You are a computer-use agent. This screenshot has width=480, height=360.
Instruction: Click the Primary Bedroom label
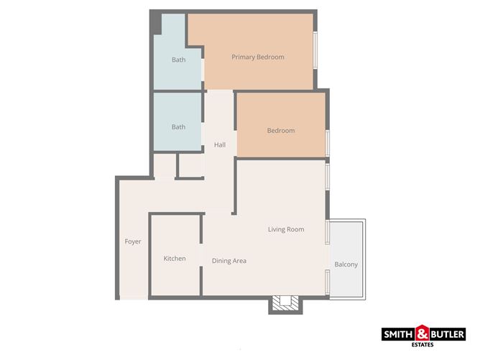[x=257, y=57]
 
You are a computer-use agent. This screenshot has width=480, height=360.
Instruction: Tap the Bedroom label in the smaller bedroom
[x=281, y=131]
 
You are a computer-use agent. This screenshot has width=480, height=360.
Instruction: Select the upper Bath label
[x=178, y=60]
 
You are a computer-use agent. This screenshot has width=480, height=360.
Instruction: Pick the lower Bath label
[x=178, y=127]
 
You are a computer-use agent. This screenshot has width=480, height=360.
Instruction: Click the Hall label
[x=220, y=145]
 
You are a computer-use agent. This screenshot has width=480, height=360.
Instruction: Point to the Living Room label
[x=286, y=230]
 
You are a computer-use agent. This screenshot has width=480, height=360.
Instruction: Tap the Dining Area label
[x=229, y=261]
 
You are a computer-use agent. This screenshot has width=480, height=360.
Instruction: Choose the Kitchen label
[x=175, y=259]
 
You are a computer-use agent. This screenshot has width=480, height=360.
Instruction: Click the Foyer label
[x=133, y=241]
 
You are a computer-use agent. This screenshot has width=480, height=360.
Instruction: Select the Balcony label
[x=346, y=264]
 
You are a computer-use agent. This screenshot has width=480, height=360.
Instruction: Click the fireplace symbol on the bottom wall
[x=287, y=304]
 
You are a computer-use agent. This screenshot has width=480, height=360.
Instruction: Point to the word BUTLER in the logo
[x=447, y=334]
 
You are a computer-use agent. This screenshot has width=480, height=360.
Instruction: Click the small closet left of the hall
[x=190, y=166]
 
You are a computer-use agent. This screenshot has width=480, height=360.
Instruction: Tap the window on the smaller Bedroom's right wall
[x=328, y=142]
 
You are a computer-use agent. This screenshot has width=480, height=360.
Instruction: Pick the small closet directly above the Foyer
[x=165, y=167]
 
